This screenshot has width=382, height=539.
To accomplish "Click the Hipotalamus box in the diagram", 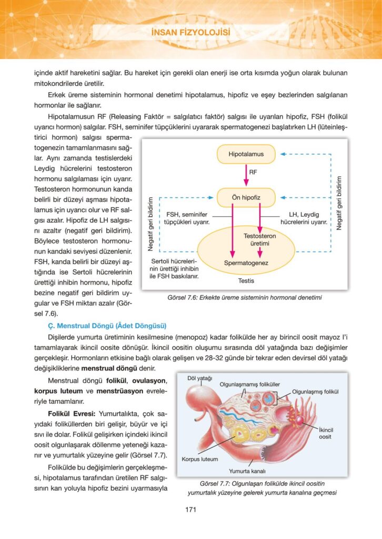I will point(246,154).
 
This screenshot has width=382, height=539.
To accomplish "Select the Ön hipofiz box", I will point(246,197).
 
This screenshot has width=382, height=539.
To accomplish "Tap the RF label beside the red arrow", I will point(253,172).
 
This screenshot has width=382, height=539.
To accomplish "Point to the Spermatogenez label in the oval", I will point(246,262).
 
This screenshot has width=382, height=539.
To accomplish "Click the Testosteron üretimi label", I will point(260,240).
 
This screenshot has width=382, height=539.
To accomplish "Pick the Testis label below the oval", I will point(245,281).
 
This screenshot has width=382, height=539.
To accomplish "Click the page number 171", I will point(191,509).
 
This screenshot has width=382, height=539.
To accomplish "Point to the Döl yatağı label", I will point(199,378).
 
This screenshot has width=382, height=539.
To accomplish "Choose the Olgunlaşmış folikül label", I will point(315,392).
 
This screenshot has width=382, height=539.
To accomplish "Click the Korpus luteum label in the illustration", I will point(199,458).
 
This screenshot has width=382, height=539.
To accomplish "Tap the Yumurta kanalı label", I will point(247,471).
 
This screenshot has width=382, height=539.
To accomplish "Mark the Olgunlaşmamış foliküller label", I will point(249,384).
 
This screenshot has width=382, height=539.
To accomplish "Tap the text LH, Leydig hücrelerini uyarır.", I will point(308,218).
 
